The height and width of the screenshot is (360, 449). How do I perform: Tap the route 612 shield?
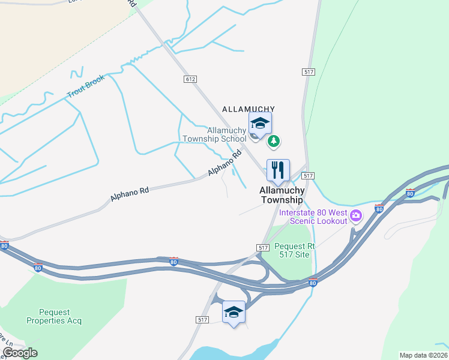pos(190,79)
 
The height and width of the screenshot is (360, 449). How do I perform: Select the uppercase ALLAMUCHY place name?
pos(249,109)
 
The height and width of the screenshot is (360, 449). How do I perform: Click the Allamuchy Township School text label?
pos(227,134)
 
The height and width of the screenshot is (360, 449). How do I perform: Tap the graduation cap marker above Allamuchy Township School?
pos(260,124)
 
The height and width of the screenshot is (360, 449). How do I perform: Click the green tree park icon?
pos(274,142)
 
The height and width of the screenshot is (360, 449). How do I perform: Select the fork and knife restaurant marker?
pos(278,170)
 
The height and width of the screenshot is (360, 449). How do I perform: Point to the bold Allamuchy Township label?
pos(282,194)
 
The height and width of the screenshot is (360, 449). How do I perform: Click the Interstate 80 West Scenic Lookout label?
pos(312,217)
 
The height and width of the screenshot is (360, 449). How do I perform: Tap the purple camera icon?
pos(356,215)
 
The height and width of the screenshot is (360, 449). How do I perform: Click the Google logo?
pos(20,353)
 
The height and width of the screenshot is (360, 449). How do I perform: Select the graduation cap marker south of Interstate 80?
pos(234,312)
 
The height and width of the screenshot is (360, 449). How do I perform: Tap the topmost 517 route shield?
pos(309,72)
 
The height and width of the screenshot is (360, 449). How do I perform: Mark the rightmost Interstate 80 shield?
pos(411,193)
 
